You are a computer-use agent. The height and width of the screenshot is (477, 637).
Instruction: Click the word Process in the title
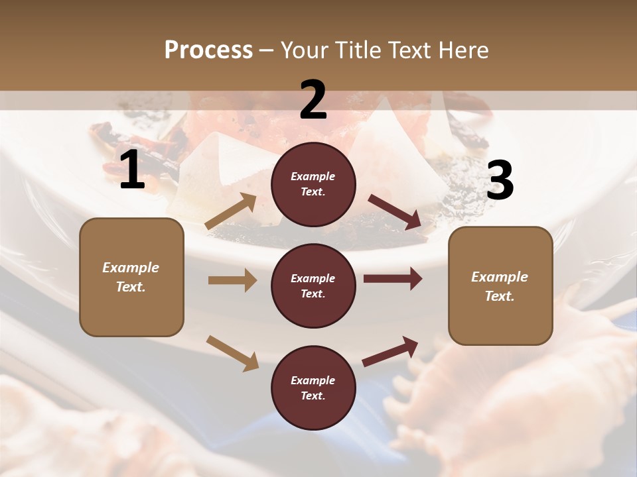[x=208, y=50]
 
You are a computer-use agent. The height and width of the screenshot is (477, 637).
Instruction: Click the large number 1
[x=131, y=171]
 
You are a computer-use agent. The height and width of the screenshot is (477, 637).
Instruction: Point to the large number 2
[x=313, y=101]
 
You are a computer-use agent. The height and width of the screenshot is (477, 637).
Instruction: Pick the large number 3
[x=500, y=181]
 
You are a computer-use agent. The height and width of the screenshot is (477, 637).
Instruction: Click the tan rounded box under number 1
[x=131, y=277]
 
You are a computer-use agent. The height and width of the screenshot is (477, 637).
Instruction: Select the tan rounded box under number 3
[x=500, y=286]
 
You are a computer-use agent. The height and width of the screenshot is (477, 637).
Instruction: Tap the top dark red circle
[x=313, y=184]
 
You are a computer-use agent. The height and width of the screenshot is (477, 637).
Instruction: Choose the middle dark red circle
[x=313, y=286]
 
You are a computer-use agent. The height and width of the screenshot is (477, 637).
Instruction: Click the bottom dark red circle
[x=313, y=388]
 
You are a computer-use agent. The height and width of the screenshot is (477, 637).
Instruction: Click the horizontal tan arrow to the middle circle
[x=232, y=280]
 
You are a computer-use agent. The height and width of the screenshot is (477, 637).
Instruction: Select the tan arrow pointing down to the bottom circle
[x=232, y=352]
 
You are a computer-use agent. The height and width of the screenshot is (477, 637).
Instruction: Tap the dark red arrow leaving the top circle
[x=395, y=213]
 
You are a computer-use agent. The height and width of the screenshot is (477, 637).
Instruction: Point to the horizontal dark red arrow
[x=392, y=279]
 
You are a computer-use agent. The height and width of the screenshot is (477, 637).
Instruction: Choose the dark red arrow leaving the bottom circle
[x=390, y=351]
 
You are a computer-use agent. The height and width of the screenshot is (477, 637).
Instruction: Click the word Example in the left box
[x=131, y=268]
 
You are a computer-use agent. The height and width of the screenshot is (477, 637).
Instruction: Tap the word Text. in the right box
[x=500, y=296]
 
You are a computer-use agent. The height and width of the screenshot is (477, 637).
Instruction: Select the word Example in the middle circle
[x=313, y=278]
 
